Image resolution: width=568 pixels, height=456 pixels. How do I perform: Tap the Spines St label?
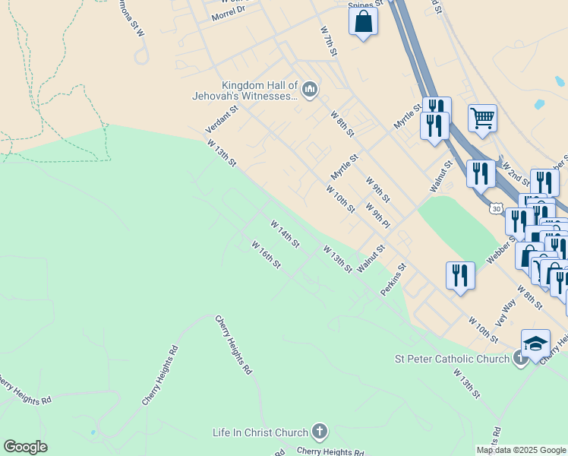pos(365,5)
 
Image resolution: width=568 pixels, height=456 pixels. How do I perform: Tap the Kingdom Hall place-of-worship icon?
pos(309,90)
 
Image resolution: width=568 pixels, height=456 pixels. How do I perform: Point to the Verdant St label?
pos(222,119)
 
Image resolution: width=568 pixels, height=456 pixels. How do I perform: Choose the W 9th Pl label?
pos(377,216)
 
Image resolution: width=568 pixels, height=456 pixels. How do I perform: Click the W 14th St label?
pos(285,234)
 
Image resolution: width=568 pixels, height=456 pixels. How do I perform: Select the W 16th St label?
pos(267,254)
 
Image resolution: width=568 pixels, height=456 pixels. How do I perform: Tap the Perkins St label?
pos(394,280)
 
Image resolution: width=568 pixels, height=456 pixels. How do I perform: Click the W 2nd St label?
pos(516,173)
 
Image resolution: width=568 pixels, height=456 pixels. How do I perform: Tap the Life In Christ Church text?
pos(261,432)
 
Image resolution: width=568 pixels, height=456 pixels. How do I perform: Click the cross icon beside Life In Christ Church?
pos(320,432)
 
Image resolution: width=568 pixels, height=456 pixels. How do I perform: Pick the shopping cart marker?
pos(482,118)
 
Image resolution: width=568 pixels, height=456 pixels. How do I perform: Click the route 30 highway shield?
pos(496,207)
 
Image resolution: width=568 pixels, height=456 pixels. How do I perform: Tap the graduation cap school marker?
pos(535,343)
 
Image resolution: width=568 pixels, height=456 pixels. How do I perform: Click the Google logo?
pos(25,447)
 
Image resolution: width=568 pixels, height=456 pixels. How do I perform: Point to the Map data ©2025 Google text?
pos(520,450)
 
